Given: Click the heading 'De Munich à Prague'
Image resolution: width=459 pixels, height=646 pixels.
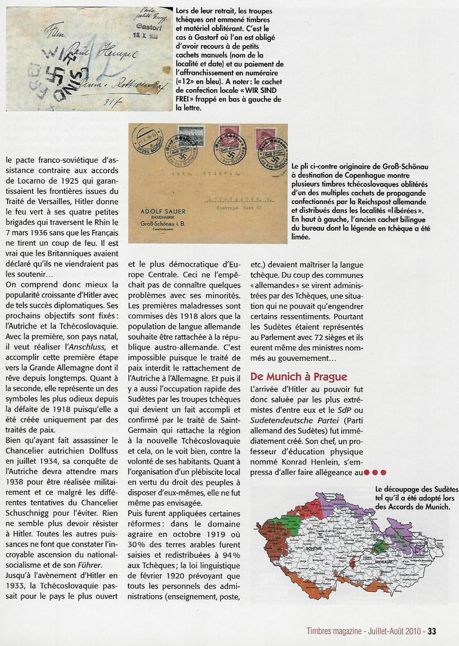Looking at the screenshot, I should pos(298,377).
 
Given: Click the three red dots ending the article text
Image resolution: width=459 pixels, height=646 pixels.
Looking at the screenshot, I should pos(375,473).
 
